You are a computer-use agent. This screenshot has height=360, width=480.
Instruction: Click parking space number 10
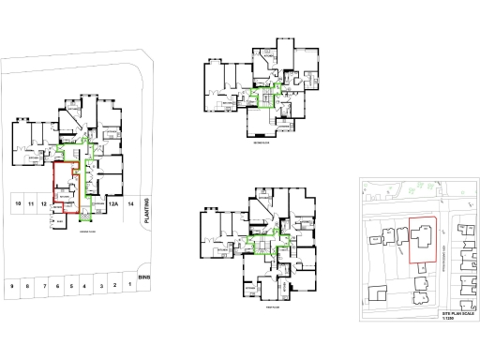[17, 203]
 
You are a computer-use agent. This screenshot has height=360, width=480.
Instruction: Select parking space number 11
[31, 203]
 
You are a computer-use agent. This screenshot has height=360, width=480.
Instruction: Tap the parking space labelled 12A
[112, 203]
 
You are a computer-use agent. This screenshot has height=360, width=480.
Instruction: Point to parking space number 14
[131, 203]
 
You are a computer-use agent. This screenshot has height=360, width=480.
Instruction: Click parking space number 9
[13, 285]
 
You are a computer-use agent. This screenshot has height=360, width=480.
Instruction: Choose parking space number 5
[71, 285]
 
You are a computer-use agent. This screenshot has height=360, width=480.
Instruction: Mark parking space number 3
[100, 285]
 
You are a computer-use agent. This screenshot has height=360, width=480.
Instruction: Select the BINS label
[143, 277]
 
